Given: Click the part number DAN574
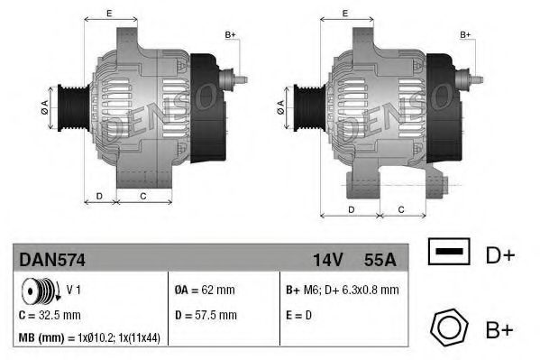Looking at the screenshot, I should point(51,259).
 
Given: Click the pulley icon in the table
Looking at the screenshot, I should point(38,292).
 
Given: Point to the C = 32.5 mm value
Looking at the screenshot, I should point(50,316).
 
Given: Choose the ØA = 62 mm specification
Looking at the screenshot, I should point(205,291).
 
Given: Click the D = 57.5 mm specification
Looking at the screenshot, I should point(206,316).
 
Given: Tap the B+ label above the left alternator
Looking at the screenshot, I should point(230,34).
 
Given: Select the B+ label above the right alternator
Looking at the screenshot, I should point(466,34).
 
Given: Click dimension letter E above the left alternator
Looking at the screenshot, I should point(109,13).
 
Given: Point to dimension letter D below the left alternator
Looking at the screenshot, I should point(99,194).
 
